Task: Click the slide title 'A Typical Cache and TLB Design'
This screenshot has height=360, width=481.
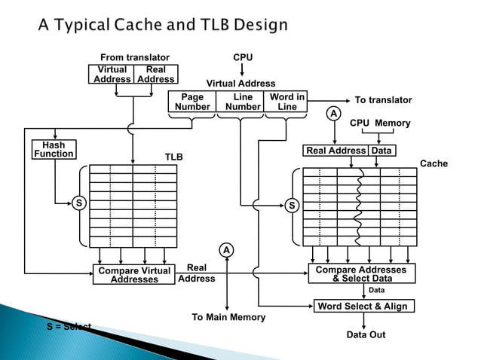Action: [163, 25]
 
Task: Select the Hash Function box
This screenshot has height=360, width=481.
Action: [54, 149]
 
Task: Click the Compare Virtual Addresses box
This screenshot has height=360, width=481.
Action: [134, 275]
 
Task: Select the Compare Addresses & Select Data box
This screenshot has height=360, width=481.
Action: [360, 274]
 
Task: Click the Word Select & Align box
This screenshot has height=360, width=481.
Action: [363, 307]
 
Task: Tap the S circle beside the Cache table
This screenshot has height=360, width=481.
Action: [293, 205]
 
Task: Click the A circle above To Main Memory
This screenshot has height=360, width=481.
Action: [225, 250]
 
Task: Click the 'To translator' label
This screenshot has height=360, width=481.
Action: [383, 100]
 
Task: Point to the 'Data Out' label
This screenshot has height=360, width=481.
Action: [366, 334]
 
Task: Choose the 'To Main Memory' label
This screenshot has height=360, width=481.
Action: [228, 317]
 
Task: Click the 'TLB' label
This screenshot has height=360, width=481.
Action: [175, 157]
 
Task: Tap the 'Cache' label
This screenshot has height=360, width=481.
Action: [434, 163]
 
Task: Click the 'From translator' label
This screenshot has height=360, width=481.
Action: [135, 57]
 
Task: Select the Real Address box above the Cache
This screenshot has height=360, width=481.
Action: [335, 151]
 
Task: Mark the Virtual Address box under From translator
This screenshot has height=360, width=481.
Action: [112, 74]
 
